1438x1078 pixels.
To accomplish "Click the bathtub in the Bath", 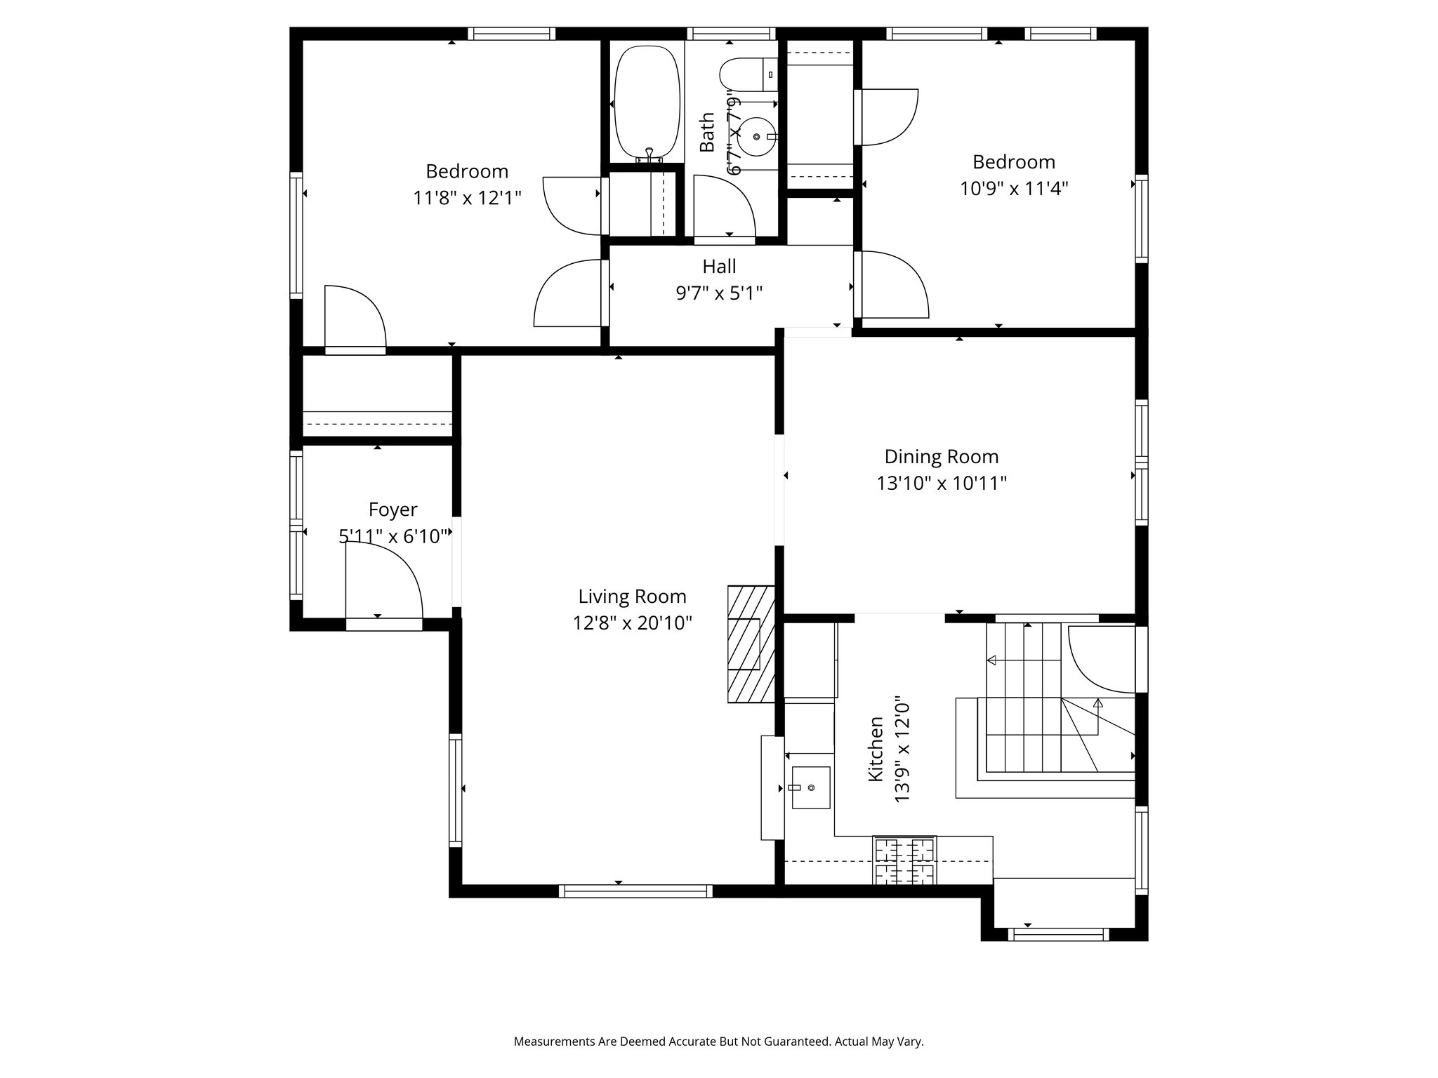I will pos(647,104).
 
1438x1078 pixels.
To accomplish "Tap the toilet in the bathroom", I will pos(747,74).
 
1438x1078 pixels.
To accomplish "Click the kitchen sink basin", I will pos(811,787).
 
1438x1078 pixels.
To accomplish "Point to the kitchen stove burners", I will pos(904,860).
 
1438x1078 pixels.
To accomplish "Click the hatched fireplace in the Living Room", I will pos(751,644).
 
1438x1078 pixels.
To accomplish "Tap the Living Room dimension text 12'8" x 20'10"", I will pos(632,623).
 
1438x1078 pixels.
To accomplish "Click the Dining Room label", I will pos(941,457).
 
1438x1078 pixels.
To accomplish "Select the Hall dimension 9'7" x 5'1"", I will pos(719,293).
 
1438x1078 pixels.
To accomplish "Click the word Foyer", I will pos(393,510).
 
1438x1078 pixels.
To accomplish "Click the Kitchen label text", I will pos(876,749).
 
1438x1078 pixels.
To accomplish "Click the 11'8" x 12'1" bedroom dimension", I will pos(467,198).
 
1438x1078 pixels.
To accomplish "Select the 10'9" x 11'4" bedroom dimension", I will pos(1014,189).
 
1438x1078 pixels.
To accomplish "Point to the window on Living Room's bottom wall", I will pos(635,891).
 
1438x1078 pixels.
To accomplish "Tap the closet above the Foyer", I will pos(377,397).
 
